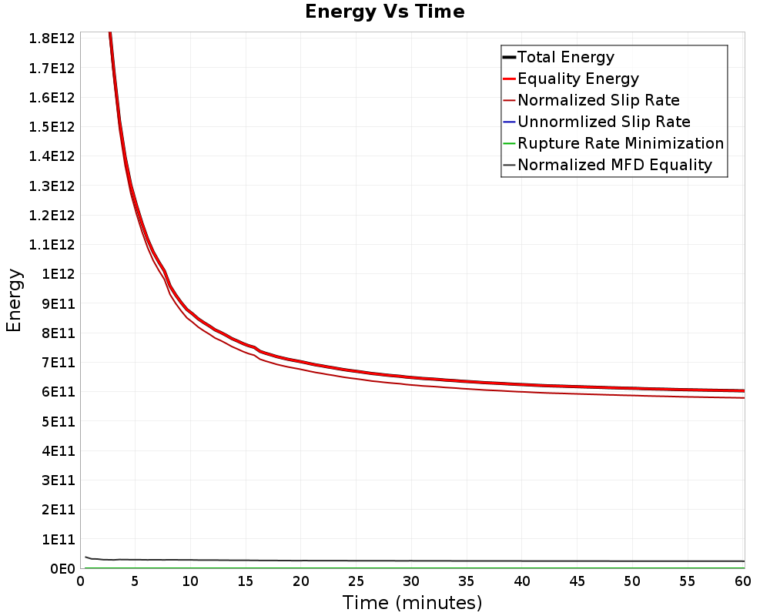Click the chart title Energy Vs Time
pyautogui.click(x=384, y=12)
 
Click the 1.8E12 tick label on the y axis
pyautogui.click(x=52, y=38)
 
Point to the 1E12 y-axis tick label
pyautogui.click(x=59, y=274)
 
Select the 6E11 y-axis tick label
pyautogui.click(x=59, y=392)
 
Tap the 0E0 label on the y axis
pyautogui.click(x=62, y=569)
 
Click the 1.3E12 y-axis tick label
pyautogui.click(x=52, y=186)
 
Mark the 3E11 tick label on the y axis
pyautogui.click(x=59, y=480)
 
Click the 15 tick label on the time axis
pyautogui.click(x=246, y=581)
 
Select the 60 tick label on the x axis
pyautogui.click(x=743, y=581)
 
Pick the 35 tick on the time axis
pyautogui.click(x=467, y=581)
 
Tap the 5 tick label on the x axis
pyautogui.click(x=135, y=581)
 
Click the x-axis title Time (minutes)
pyautogui.click(x=412, y=603)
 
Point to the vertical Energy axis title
pyautogui.click(x=14, y=300)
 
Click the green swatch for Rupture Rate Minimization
pyautogui.click(x=509, y=143)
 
